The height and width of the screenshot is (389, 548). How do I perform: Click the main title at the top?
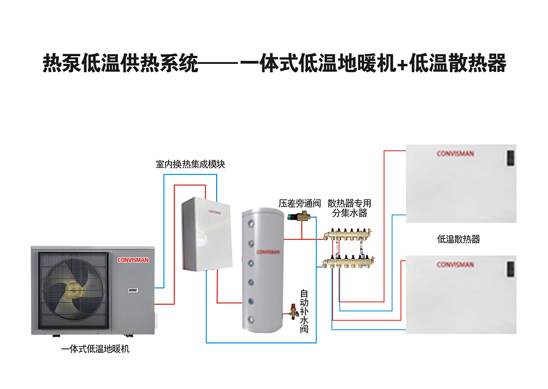(274, 64)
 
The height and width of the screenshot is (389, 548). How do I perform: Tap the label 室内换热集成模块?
(190, 164)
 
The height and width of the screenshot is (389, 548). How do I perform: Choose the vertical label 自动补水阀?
(304, 311)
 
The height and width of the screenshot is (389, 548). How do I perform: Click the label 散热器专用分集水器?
(350, 208)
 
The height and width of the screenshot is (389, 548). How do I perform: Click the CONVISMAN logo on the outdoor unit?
(133, 260)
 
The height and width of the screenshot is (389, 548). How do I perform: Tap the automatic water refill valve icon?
(293, 310)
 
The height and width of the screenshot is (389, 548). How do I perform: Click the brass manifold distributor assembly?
(350, 248)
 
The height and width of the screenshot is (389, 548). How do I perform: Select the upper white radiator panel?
(461, 183)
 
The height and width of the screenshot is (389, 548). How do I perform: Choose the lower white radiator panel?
(461, 294)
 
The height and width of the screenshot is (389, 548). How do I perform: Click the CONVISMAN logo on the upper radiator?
(455, 154)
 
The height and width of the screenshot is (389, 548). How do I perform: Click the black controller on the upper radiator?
(510, 157)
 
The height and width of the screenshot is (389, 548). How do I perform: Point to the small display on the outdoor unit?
(132, 290)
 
